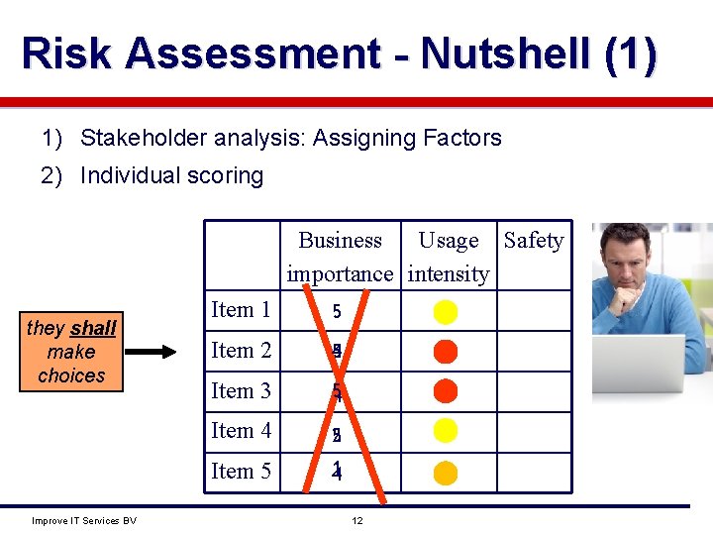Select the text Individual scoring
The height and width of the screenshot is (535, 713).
coord(171,175)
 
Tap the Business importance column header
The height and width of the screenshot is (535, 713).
coord(340,257)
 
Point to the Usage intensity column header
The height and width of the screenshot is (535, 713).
coord(449,257)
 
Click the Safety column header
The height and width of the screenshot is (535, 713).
coord(534,241)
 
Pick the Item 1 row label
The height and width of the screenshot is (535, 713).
coord(241,310)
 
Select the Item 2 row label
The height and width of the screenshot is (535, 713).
coord(241,351)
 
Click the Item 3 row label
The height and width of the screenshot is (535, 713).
coord(241,391)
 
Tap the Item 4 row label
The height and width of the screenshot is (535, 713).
coord(241,431)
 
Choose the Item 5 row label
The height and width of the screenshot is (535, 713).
coord(241,472)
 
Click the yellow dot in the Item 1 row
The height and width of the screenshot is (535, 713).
coord(446,311)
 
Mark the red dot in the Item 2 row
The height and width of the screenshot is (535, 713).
coord(446,351)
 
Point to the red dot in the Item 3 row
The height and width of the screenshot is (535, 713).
coord(446,391)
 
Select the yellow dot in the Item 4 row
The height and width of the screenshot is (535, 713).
coord(446,431)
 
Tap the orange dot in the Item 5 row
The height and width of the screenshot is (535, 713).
coord(446,473)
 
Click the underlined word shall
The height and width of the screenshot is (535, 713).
coord(93,328)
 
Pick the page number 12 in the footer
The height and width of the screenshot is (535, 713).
coord(359,521)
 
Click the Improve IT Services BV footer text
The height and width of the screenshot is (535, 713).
coord(84,521)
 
